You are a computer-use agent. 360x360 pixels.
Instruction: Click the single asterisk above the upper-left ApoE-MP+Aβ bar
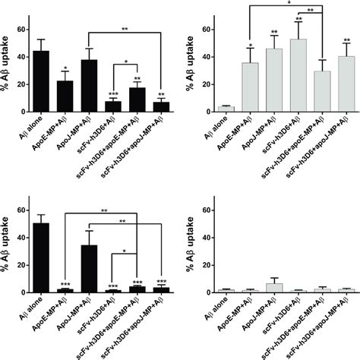coord(66,67)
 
